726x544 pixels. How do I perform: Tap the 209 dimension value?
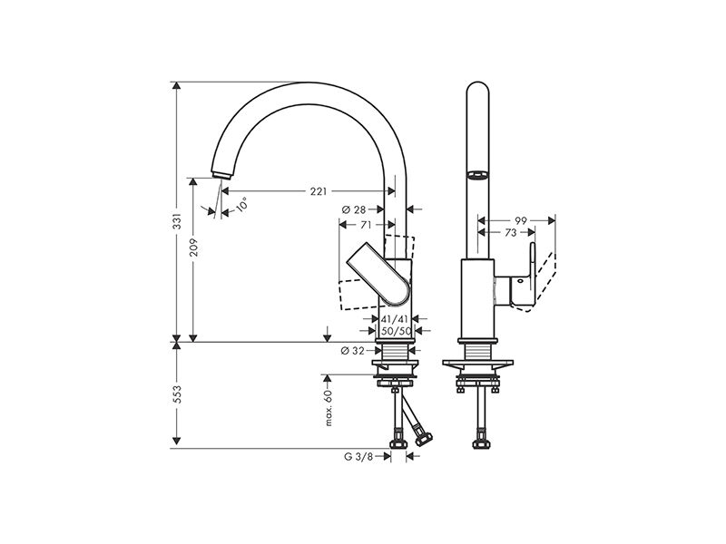pos(193,248)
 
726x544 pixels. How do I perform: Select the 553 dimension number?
pos(177,394)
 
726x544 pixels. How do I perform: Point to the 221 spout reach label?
pos(319,191)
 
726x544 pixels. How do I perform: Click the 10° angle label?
pos(241,204)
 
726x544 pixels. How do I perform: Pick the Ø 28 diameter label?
pos(354,209)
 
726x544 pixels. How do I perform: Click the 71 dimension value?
pos(366,225)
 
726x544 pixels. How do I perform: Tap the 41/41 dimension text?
pos(395,319)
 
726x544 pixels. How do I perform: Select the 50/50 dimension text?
pos(396,331)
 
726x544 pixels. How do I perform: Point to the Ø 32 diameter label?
pos(353,351)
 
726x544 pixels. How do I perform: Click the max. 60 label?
pos(329,407)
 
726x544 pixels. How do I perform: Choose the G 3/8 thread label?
pos(358,457)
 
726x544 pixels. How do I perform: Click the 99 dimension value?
pos(521,220)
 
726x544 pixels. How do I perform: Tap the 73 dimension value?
pos(510,233)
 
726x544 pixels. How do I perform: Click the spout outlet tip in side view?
pos(221,175)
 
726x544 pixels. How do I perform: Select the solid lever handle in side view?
pos(378,274)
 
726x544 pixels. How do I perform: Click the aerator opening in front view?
pos(477,175)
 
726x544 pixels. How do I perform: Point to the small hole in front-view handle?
pos(519,280)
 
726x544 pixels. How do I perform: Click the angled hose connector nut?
pos(423,439)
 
